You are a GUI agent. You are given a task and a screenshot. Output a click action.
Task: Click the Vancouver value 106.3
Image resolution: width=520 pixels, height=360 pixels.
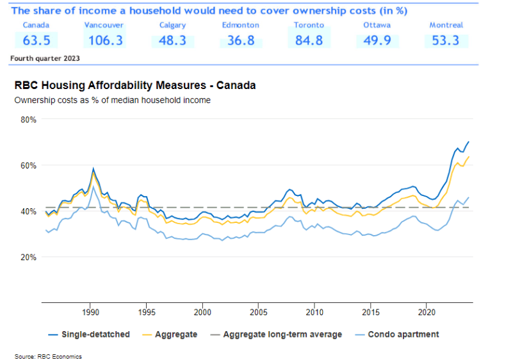(x=104, y=41)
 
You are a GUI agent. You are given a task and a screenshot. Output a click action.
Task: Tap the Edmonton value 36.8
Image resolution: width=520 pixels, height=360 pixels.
(x=240, y=41)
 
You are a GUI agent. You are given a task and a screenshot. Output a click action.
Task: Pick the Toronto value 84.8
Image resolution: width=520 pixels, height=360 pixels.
(x=309, y=41)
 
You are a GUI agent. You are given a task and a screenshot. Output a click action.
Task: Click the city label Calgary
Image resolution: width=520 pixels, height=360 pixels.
(x=172, y=25)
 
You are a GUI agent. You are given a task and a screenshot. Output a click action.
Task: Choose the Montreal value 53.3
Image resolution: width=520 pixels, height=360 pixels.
(x=446, y=41)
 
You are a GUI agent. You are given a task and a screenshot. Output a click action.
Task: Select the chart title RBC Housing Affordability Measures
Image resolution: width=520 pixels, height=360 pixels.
(x=134, y=85)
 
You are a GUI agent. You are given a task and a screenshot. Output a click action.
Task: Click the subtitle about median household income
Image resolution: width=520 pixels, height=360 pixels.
(x=112, y=100)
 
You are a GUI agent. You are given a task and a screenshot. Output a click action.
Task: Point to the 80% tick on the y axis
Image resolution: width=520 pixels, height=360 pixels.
(x=28, y=120)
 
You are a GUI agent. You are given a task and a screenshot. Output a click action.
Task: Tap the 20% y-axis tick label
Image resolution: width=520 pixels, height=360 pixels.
(x=28, y=258)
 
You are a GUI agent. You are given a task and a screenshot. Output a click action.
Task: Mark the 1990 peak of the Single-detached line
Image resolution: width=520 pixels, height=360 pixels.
(x=93, y=168)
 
